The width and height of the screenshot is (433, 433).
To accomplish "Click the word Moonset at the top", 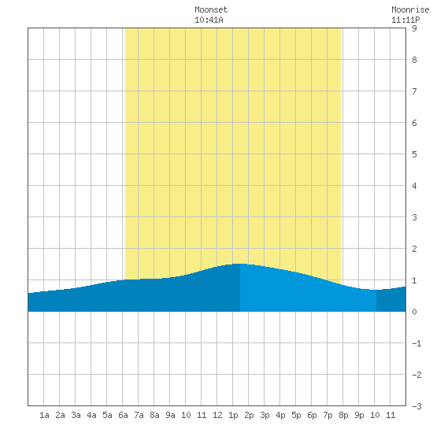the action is tap(211, 9).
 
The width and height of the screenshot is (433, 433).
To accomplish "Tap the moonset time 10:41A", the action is tap(209, 20).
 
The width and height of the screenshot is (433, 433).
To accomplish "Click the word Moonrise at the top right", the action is tap(410, 9).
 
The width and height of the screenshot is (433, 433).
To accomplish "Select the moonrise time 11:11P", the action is tap(405, 20).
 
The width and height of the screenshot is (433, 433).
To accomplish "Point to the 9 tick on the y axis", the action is tap(414, 28).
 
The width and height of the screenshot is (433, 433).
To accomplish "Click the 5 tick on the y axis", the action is tap(414, 154).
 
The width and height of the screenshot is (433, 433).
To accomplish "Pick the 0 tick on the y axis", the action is tap(414, 312).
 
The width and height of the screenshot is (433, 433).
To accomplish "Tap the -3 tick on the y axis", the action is tap(416, 406).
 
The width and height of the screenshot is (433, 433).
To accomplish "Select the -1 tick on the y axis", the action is tap(416, 343).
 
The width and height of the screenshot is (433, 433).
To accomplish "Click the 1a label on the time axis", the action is tap(44, 415).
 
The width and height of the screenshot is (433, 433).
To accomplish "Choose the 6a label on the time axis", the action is tap(123, 415).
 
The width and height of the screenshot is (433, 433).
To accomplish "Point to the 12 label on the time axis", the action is tap(217, 415).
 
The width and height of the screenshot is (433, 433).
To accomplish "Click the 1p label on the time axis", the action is tap(233, 415).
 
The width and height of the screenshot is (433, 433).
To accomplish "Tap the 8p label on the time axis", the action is tap(343, 415).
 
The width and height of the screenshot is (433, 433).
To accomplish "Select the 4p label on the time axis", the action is tap(280, 415).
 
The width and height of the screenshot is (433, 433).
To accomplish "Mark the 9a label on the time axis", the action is tap(170, 415).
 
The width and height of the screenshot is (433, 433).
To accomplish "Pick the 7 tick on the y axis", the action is tap(414, 91).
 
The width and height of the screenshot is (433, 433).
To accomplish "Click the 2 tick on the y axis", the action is tap(414, 249).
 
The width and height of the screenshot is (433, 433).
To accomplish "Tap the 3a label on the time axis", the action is tap(76, 415).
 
